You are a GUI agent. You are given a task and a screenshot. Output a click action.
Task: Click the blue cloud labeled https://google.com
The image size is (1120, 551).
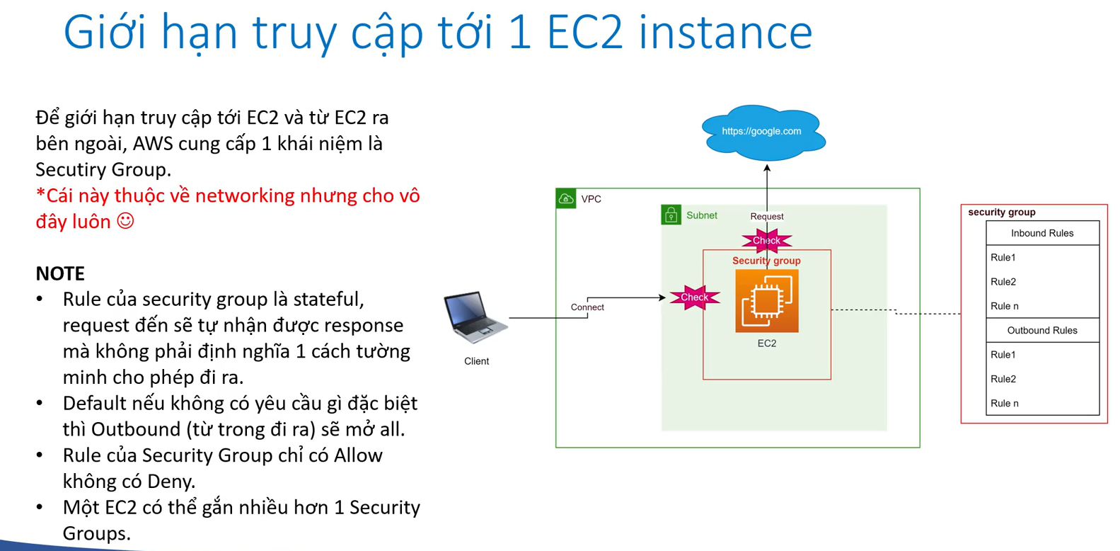tap(763, 132)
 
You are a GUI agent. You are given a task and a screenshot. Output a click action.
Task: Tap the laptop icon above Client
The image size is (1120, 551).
tap(475, 317)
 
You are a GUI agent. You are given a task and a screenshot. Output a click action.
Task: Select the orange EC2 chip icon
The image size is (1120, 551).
tap(767, 301)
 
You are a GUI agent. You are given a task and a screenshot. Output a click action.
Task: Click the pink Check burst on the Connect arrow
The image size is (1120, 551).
tap(694, 297)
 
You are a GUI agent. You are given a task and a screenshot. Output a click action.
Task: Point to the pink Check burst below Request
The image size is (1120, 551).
tap(766, 241)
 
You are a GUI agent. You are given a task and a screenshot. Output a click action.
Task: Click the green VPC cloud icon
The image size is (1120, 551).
tap(566, 199)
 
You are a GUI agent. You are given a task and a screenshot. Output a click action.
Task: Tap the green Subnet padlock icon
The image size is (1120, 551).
tap(671, 215)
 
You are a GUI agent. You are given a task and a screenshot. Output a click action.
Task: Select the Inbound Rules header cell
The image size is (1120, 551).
tap(1042, 233)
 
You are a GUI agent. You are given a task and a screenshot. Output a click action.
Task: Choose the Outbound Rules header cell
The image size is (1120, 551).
tap(1042, 330)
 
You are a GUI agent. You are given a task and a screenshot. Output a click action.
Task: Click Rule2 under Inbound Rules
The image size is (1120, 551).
tap(1003, 282)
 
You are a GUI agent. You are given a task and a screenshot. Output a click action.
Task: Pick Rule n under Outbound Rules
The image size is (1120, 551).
tap(1005, 404)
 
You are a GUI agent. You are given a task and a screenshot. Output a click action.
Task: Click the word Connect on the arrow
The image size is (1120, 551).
tap(587, 307)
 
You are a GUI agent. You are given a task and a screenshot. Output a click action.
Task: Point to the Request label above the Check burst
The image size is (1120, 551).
tap(767, 217)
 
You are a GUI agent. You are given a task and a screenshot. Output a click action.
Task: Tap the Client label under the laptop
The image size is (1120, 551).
tap(476, 361)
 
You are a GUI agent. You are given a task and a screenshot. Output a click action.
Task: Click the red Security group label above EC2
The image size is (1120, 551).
tap(766, 261)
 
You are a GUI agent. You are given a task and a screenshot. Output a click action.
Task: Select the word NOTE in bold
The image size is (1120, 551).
tap(60, 273)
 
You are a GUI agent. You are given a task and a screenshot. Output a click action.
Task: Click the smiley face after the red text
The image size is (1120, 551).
tap(125, 221)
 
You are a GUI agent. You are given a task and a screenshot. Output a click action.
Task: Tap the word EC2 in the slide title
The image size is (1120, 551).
tap(585, 32)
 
